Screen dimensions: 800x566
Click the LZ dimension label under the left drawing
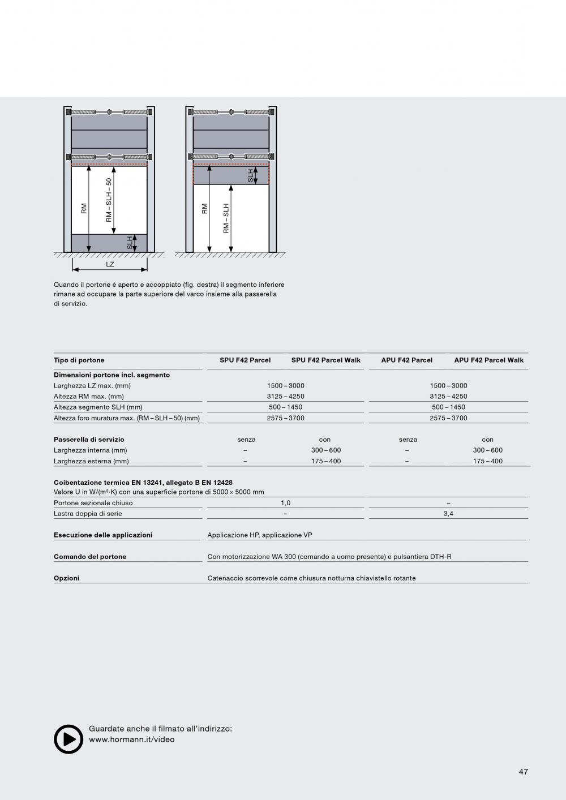coord(110,264)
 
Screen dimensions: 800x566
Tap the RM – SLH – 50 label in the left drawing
coord(109,200)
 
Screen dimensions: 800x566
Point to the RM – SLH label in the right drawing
coord(226,218)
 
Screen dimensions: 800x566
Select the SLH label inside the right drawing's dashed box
coord(251,175)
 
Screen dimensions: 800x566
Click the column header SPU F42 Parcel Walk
coord(326,360)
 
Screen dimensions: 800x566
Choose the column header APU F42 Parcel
coord(406,360)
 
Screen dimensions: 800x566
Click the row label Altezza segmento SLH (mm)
coord(98,407)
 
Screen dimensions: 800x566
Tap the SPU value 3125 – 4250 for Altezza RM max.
coord(285,396)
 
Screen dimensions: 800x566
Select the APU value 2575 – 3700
coord(448,418)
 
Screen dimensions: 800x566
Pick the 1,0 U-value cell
coord(285,502)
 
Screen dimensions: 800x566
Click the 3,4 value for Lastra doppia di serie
coord(448,514)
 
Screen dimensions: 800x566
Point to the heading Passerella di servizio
coord(89,440)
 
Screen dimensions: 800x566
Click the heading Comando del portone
coord(90,557)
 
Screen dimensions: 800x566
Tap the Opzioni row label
coord(67,578)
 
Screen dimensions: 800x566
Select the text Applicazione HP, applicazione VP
coord(260,535)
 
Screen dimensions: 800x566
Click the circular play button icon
coord(68,739)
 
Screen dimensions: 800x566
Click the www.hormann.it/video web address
coord(132,739)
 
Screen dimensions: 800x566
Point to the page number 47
coord(523,772)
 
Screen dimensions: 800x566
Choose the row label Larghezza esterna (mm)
coord(91,461)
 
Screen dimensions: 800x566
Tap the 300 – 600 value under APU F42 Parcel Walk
coord(487,450)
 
